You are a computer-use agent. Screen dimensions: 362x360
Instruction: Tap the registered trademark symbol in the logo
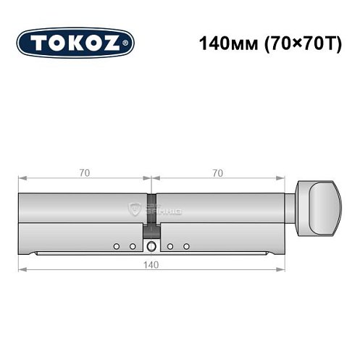coord(128,45)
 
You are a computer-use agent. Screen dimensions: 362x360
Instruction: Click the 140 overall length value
coord(151,264)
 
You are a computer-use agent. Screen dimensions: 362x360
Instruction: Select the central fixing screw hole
coord(151,247)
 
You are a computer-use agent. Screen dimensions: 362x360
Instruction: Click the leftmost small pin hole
coord(116,247)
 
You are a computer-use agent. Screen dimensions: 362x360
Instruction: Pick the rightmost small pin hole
coord(186,247)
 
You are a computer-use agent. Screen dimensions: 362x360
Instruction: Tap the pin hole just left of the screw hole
coord(133,247)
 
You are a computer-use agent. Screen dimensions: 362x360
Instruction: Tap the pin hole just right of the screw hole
coord(169,247)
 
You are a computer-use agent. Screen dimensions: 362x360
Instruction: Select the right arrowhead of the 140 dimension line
coord(282,271)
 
